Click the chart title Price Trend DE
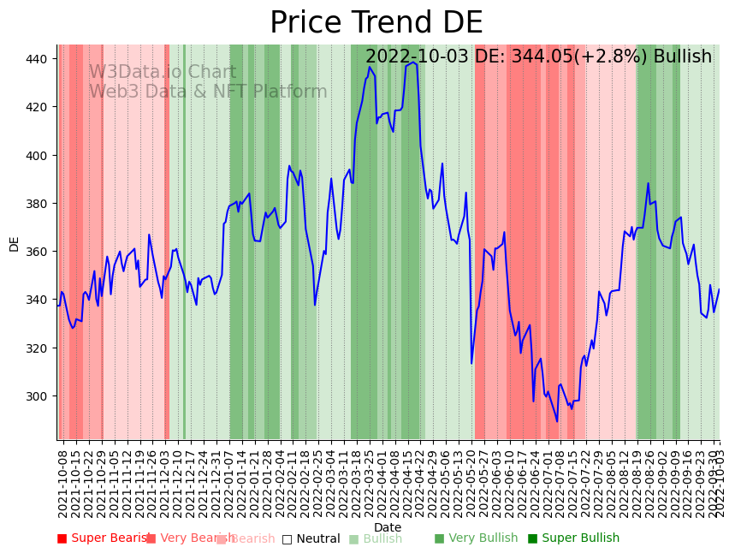click(x=376, y=23)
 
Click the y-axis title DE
click(x=14, y=244)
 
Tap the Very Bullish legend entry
click(x=477, y=538)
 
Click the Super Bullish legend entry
click(x=573, y=538)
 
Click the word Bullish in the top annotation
click(x=683, y=57)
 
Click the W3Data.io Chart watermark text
click(x=163, y=72)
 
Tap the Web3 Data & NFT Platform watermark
click(x=208, y=92)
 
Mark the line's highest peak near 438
click(x=413, y=62)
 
